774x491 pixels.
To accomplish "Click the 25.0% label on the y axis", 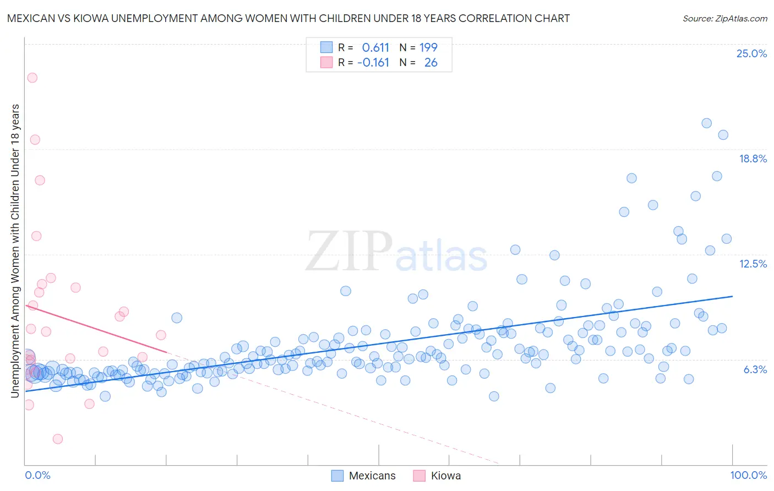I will (x=751, y=53).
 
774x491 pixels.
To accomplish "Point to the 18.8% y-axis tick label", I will (x=753, y=159).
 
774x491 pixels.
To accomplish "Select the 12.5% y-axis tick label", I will (x=753, y=264).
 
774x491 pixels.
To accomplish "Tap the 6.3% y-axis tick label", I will (x=755, y=369).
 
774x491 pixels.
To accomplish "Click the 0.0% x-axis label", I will (x=37, y=475).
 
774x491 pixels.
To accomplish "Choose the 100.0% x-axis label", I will (x=748, y=475).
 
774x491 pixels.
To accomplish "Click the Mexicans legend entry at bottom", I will (x=364, y=476).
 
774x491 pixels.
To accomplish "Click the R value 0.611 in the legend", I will (x=375, y=47).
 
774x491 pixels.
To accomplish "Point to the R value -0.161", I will (x=373, y=62).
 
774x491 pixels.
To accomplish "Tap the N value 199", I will (x=428, y=47).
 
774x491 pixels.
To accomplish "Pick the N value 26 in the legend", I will (x=430, y=62).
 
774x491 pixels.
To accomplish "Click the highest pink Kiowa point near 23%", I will (x=32, y=78).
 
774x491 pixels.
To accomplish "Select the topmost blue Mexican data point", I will (x=707, y=123).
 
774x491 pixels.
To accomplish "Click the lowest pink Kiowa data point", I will (x=58, y=439).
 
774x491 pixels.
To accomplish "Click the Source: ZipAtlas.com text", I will (x=724, y=18).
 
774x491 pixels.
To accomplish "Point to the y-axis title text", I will (x=15, y=250).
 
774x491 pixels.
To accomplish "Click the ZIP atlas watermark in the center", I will (x=396, y=252).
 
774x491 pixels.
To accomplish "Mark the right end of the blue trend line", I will (x=732, y=296).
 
